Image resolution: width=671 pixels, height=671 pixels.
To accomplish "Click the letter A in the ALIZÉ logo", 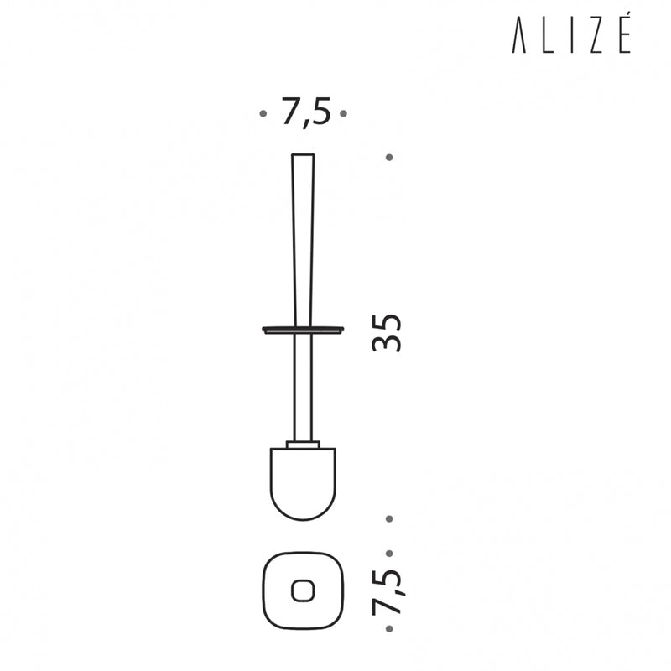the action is (x=518, y=34).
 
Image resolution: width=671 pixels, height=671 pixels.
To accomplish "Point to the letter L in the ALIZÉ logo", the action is (x=549, y=34).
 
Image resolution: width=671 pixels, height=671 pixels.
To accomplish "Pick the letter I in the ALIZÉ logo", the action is (x=572, y=34).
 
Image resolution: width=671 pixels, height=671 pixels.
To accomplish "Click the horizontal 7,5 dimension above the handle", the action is (x=306, y=112).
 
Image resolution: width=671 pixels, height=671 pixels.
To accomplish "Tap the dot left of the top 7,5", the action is (x=263, y=113).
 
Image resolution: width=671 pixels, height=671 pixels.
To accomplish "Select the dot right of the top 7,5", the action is (x=343, y=113).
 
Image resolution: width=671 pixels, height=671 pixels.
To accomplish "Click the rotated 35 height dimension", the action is (x=387, y=333).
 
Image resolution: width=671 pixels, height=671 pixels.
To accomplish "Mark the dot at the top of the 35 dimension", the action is (x=389, y=158).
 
